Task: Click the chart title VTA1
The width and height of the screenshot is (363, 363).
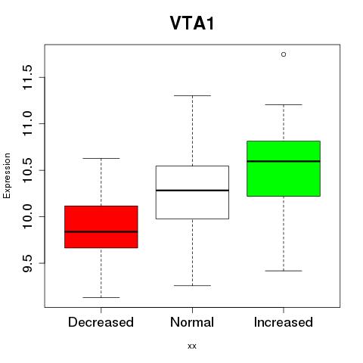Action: click(x=192, y=23)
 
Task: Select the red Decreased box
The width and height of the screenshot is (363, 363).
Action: click(x=101, y=227)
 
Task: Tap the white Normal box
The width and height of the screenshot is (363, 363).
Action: click(x=192, y=192)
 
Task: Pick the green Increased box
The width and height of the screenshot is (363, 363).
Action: click(x=284, y=169)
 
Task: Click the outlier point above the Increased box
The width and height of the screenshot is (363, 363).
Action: click(x=284, y=54)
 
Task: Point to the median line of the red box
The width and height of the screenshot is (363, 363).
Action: click(x=101, y=231)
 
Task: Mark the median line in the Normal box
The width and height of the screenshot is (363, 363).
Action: click(x=192, y=191)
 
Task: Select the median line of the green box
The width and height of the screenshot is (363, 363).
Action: click(x=284, y=161)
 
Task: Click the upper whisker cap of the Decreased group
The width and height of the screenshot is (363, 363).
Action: click(x=101, y=158)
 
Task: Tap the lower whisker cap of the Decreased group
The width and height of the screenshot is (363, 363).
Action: click(x=101, y=297)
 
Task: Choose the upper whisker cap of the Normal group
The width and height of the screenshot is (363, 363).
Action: click(x=192, y=95)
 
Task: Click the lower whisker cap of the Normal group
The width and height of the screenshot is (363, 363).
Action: click(x=192, y=285)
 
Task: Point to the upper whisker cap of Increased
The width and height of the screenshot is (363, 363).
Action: click(x=284, y=104)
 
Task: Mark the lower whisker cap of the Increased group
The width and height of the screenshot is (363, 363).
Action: click(x=284, y=271)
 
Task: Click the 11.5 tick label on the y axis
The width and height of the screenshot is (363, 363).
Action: click(x=27, y=77)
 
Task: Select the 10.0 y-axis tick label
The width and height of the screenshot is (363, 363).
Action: click(x=27, y=216)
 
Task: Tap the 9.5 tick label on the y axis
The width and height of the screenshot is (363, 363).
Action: click(x=27, y=263)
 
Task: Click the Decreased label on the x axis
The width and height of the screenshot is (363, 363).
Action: click(x=101, y=322)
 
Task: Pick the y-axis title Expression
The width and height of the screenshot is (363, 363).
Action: click(x=7, y=175)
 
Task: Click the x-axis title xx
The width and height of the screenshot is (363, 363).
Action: click(x=192, y=346)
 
